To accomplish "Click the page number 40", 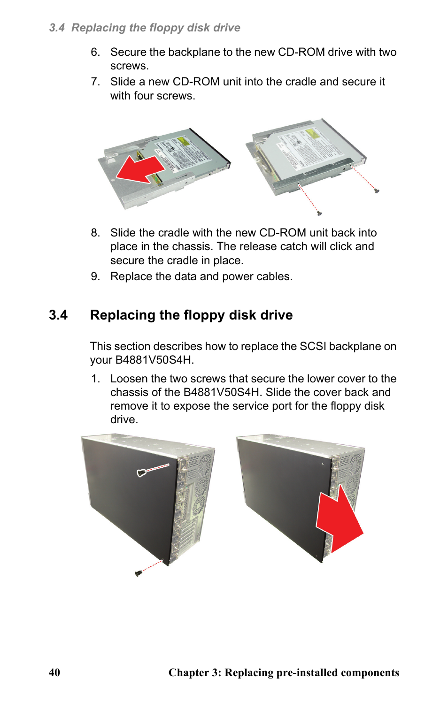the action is (54, 672).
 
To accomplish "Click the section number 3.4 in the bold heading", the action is (58, 315).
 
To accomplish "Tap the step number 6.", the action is (95, 52).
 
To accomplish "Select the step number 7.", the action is (95, 82).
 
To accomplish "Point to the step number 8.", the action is (95, 233).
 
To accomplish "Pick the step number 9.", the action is (95, 276).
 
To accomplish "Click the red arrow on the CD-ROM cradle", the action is (141, 169).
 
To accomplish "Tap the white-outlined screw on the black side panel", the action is (141, 473).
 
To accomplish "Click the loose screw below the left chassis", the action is (138, 573).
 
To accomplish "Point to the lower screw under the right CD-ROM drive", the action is (319, 213).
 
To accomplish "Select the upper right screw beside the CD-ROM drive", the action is (377, 191).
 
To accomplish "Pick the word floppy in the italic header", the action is (167, 28).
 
